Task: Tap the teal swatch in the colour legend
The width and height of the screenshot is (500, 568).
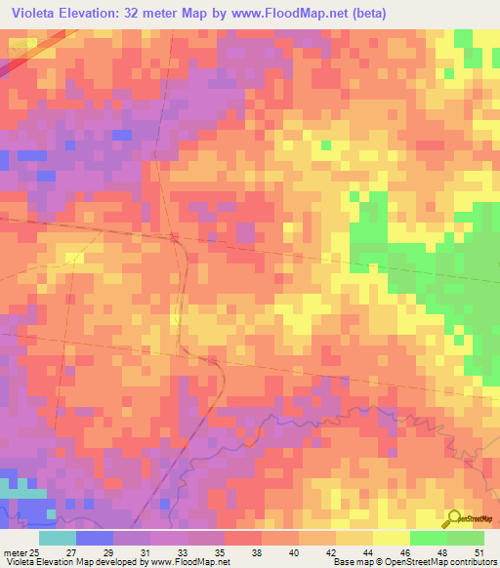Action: click(x=57, y=538)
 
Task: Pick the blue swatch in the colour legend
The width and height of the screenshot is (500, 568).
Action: click(x=94, y=538)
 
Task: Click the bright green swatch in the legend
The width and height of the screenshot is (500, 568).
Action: click(x=428, y=538)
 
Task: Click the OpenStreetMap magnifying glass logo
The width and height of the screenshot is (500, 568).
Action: click(x=453, y=519)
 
